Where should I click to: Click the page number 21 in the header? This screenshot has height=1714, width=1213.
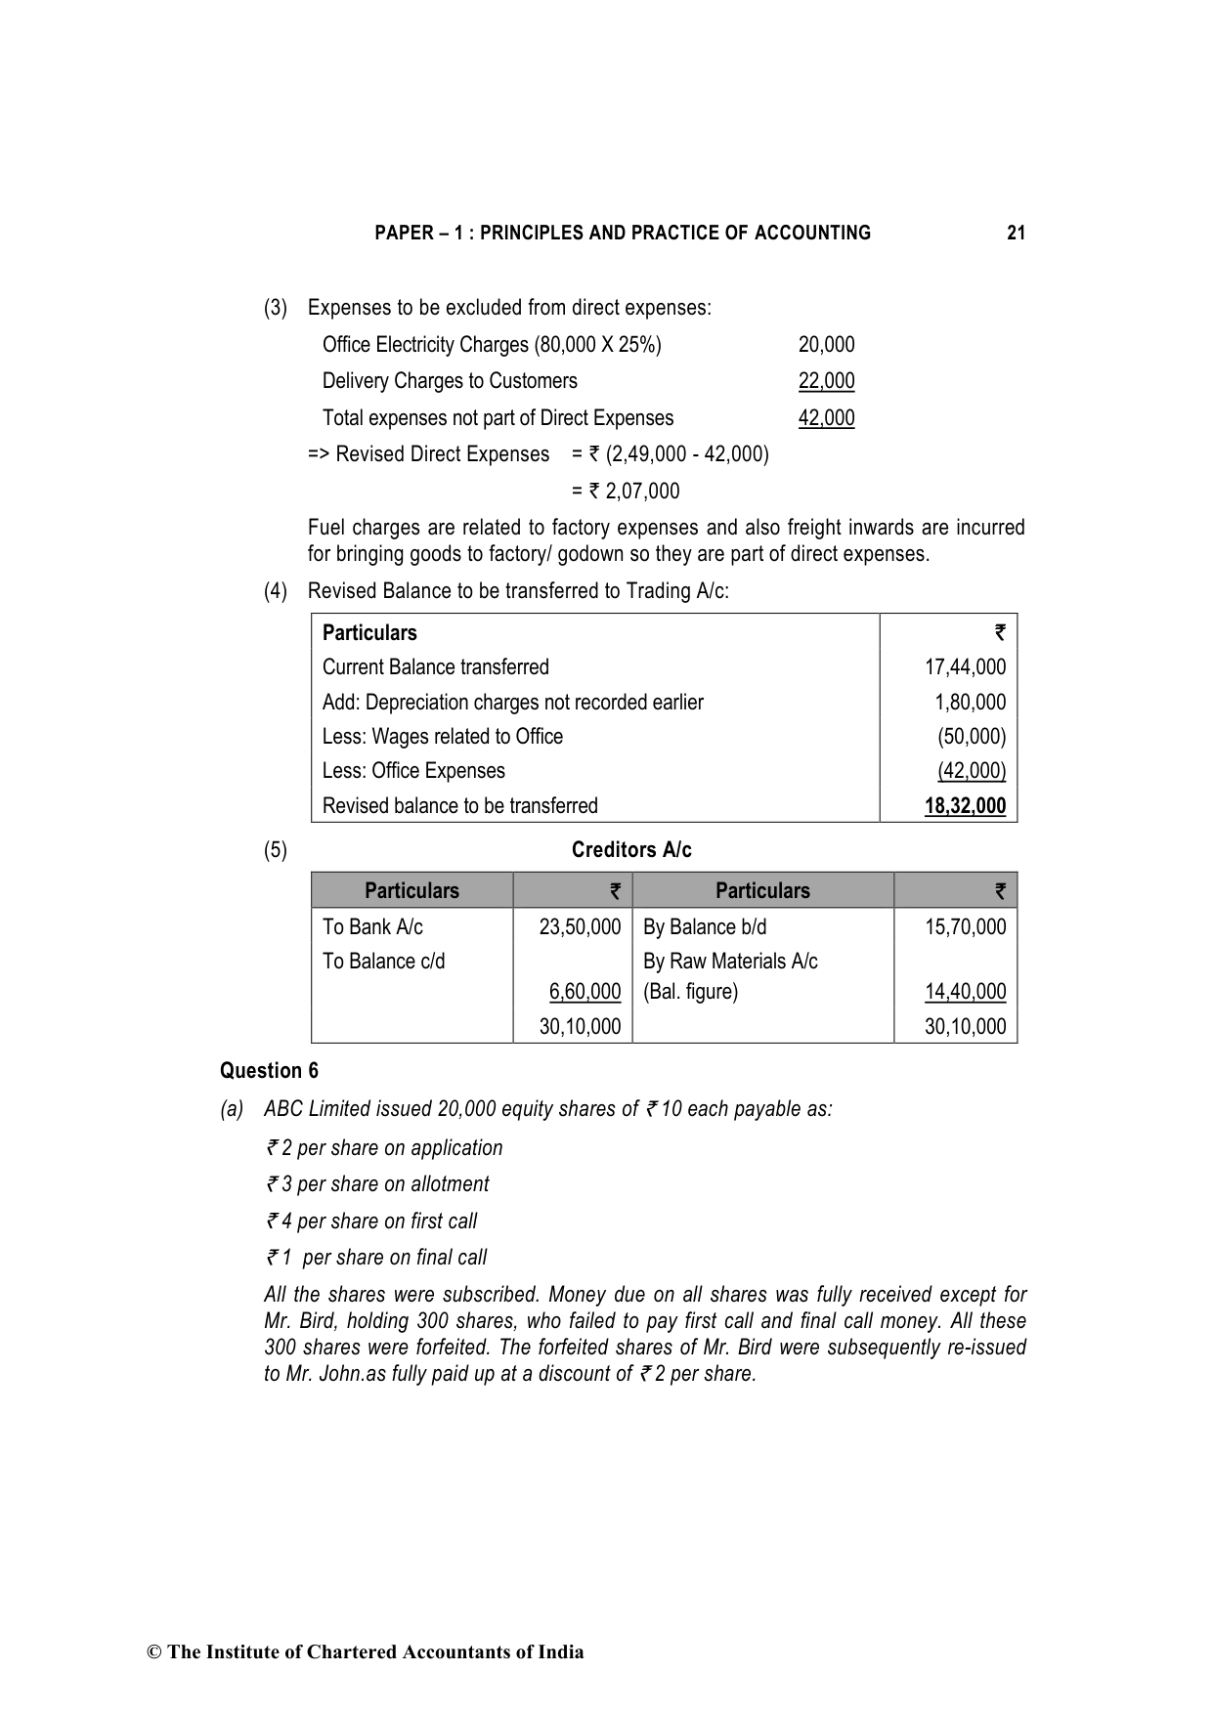(x=1016, y=233)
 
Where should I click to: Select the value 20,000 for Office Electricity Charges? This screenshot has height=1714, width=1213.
(x=826, y=345)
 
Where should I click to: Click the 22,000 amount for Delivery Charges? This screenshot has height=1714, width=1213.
(x=826, y=381)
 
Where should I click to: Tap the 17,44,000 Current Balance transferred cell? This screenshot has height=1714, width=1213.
(x=965, y=667)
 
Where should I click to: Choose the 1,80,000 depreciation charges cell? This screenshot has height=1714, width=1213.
(x=970, y=703)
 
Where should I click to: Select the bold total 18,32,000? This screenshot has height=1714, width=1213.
(x=965, y=806)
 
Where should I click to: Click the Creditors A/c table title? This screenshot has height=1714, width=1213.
(x=631, y=850)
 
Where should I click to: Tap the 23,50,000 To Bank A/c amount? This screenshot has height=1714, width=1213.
(x=580, y=927)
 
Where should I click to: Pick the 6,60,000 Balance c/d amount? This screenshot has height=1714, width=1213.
(x=585, y=992)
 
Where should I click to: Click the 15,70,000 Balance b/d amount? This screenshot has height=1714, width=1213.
(x=965, y=927)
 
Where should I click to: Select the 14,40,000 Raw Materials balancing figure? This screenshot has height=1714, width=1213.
(x=965, y=992)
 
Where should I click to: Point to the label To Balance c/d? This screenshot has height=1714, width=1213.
(x=383, y=962)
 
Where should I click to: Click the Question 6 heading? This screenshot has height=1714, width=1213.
(x=269, y=1071)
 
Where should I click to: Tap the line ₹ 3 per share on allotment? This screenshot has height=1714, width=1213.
(x=377, y=1184)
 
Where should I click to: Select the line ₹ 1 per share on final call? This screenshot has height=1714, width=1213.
(x=376, y=1258)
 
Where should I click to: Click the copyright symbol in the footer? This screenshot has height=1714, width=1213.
(x=153, y=1652)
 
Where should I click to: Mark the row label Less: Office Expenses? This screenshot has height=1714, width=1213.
(x=413, y=771)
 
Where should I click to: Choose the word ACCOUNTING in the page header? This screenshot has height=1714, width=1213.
(x=812, y=233)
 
